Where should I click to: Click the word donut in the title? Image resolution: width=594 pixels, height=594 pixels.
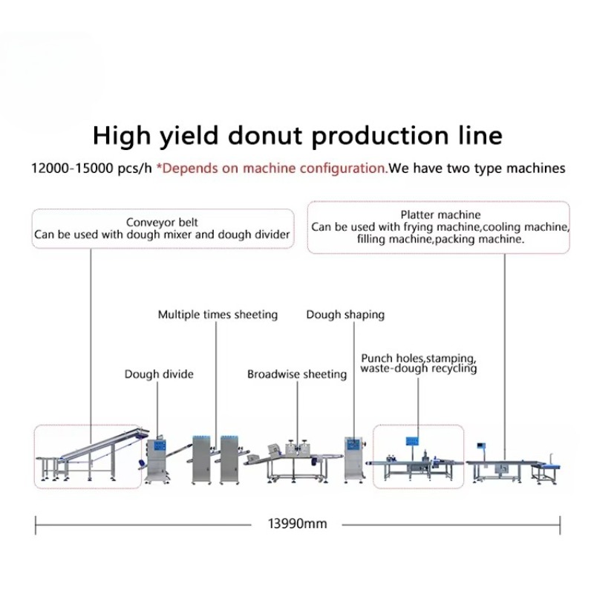tap(265, 136)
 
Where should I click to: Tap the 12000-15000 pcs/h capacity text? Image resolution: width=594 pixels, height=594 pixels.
tap(91, 169)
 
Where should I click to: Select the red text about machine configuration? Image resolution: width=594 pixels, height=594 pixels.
tap(272, 169)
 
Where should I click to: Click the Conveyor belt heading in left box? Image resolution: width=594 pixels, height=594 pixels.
tap(162, 222)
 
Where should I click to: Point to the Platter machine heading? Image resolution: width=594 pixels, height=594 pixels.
tap(440, 215)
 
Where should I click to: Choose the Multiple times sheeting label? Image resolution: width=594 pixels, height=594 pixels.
tap(218, 315)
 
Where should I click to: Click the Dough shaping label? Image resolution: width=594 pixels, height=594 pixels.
tap(345, 315)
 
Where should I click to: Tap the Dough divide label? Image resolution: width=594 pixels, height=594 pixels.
tap(159, 374)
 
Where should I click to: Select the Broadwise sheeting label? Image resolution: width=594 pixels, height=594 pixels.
tap(297, 374)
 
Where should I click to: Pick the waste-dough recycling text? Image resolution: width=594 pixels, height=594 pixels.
tap(419, 368)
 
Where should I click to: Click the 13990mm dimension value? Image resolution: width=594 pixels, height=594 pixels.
tap(298, 524)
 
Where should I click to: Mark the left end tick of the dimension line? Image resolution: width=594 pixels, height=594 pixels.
tap(36, 525)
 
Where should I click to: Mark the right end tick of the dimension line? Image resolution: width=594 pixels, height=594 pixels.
tap(560, 525)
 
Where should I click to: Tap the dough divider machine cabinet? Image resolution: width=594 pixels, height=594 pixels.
tap(155, 460)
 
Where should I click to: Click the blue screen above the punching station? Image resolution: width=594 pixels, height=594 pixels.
tap(413, 441)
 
